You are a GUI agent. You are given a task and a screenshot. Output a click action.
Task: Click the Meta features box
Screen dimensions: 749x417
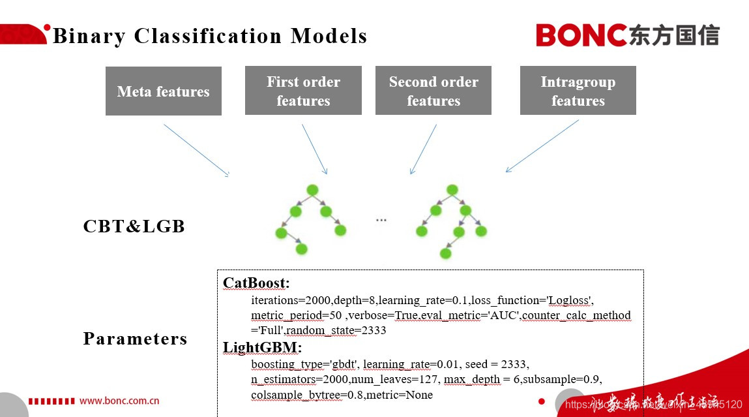163,91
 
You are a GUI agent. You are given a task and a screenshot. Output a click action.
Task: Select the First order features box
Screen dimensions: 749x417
303,91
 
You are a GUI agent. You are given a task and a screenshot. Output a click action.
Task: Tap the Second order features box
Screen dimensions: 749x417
433,91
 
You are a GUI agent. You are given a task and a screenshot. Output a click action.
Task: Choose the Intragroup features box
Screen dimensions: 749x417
578,91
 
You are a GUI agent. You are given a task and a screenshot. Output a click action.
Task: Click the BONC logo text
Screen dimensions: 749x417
581,35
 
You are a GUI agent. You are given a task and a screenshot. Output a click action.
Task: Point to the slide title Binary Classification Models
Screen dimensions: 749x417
210,36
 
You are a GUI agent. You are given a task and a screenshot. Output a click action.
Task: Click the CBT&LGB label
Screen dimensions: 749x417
134,226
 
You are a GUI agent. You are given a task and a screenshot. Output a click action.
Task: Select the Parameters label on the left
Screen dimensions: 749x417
135,339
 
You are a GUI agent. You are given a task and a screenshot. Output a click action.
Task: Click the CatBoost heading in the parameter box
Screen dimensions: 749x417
256,283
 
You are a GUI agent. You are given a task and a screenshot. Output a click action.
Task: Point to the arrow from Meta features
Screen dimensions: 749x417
196,149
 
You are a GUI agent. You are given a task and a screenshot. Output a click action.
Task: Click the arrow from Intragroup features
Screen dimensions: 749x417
542,146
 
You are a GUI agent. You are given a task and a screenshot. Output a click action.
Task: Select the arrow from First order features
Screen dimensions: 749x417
314,149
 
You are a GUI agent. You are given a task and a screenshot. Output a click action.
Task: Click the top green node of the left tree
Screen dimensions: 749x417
312,190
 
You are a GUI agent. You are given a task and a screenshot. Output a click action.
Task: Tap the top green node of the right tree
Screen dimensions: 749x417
450,190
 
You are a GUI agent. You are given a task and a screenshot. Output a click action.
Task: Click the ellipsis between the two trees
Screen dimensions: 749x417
381,221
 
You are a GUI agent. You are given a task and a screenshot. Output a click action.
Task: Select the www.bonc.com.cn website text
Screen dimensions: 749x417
119,401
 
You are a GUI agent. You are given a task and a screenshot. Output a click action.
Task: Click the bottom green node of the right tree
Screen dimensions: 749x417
445,253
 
